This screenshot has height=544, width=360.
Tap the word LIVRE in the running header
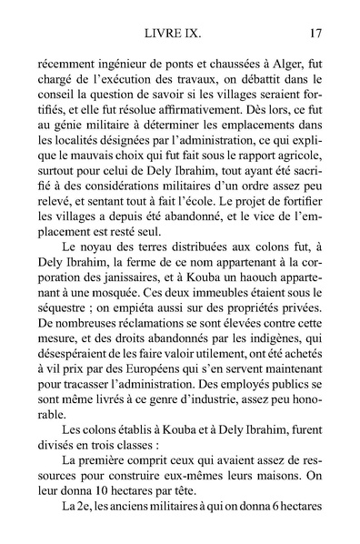point(160,34)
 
